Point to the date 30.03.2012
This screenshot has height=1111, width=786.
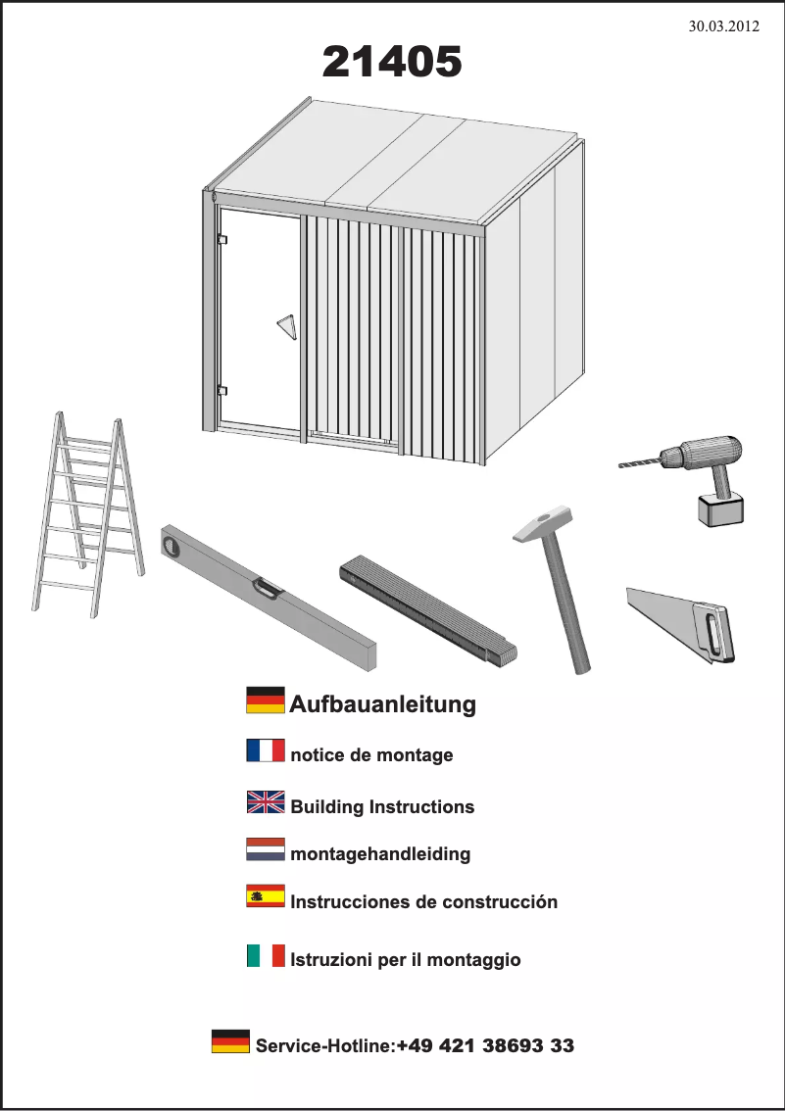click(x=725, y=26)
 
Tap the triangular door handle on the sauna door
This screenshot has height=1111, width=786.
click(x=285, y=325)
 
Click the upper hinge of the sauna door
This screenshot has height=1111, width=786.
click(x=221, y=239)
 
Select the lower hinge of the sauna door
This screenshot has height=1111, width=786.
click(x=221, y=389)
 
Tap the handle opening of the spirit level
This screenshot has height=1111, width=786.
click(x=267, y=588)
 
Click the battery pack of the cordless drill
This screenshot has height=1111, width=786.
click(x=719, y=509)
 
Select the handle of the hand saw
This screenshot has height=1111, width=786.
click(x=713, y=632)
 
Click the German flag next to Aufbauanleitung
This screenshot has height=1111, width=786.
click(x=266, y=700)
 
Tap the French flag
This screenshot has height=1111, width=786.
click(x=266, y=751)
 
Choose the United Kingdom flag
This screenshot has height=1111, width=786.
click(x=266, y=802)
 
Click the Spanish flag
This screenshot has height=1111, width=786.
click(x=266, y=895)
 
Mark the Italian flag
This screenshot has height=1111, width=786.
click(x=266, y=955)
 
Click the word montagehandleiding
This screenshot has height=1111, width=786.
click(x=380, y=854)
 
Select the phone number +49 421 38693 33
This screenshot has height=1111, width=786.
click(x=485, y=1046)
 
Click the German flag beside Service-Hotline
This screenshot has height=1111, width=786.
click(x=230, y=1041)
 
